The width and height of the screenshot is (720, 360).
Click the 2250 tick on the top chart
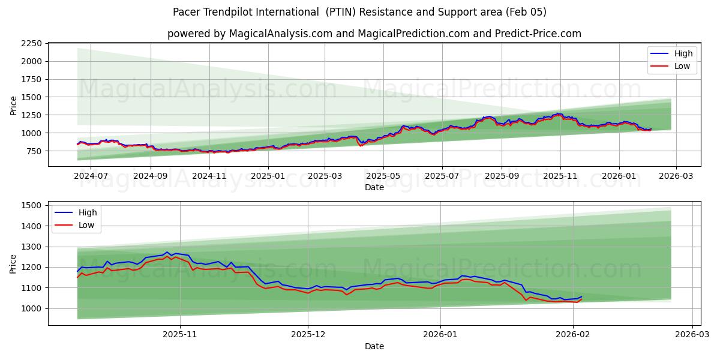(31, 43)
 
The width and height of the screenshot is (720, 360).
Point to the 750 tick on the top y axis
(34, 151)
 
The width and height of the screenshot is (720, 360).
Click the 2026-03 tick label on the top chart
(676, 176)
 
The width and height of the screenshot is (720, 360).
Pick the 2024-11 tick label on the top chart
(209, 176)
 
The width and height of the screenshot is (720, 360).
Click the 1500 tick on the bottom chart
(31, 206)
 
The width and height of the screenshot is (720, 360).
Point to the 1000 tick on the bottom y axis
(31, 309)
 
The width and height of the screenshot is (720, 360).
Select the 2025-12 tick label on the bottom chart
(308, 335)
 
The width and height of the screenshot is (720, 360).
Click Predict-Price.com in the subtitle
(544, 34)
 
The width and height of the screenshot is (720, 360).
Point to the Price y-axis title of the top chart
(13, 105)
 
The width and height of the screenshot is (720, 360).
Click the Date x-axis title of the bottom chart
(374, 347)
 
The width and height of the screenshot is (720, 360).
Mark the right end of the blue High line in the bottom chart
(581, 297)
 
